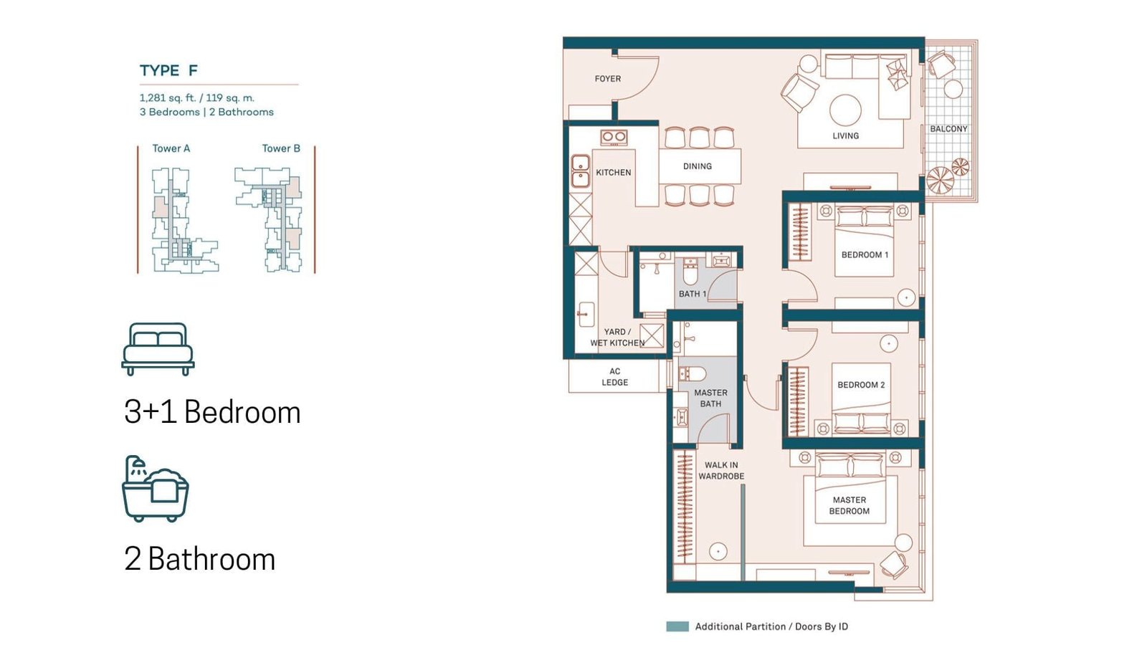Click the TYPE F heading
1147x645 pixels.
pyautogui.click(x=168, y=71)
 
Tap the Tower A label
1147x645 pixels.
pyautogui.click(x=171, y=148)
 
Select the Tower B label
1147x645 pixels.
pyautogui.click(x=281, y=148)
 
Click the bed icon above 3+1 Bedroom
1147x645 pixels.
pyautogui.click(x=158, y=349)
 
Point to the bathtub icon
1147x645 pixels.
pyautogui.click(x=155, y=489)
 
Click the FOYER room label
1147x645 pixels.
pyautogui.click(x=608, y=79)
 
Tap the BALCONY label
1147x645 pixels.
pyautogui.click(x=949, y=129)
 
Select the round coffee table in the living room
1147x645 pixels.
pyautogui.click(x=845, y=110)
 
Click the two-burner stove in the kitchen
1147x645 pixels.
pyautogui.click(x=614, y=137)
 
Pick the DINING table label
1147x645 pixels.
pyautogui.click(x=698, y=166)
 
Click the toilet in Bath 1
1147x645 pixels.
pyautogui.click(x=690, y=272)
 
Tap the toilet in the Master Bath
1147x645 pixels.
pyautogui.click(x=693, y=373)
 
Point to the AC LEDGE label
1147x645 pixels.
pyautogui.click(x=615, y=377)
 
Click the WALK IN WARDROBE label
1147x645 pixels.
pyautogui.click(x=721, y=470)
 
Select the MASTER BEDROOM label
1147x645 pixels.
pyautogui.click(x=849, y=505)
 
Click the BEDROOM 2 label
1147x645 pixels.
pyautogui.click(x=861, y=385)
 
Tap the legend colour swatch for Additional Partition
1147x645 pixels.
pyautogui.click(x=677, y=626)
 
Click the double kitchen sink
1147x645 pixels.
pyautogui.click(x=580, y=171)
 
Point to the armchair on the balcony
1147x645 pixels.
pyautogui.click(x=941, y=64)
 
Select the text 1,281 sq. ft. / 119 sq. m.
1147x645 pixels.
pyautogui.click(x=197, y=97)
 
